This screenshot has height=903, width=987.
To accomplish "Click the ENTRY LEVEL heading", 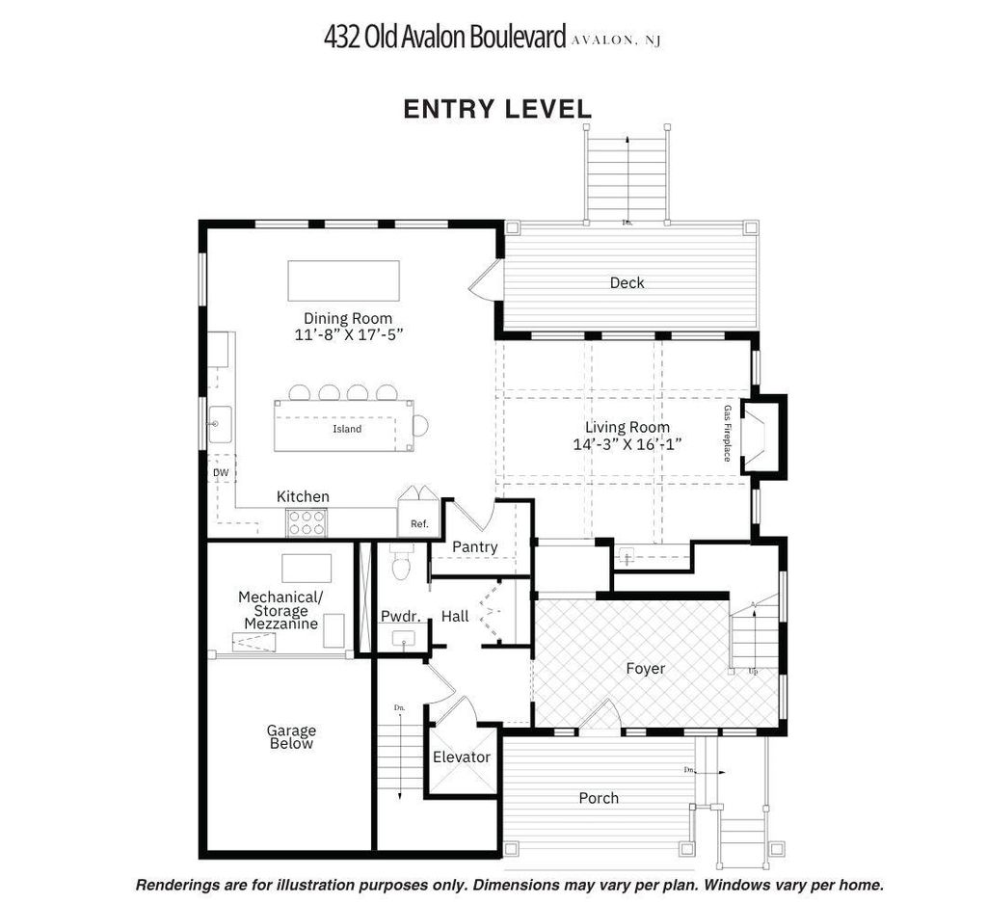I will click(x=497, y=109).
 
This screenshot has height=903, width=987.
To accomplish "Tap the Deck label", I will click(x=627, y=282).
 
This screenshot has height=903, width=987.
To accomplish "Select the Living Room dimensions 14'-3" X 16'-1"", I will click(x=627, y=444).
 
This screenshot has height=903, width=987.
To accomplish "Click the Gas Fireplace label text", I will click(x=728, y=433).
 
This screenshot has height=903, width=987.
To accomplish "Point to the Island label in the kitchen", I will click(x=347, y=429).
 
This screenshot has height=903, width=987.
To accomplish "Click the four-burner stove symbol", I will click(x=307, y=522).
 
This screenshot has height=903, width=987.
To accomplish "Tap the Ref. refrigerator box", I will click(x=419, y=524).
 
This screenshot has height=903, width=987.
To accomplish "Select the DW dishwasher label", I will click(x=221, y=473).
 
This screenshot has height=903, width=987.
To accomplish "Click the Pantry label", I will click(x=475, y=547).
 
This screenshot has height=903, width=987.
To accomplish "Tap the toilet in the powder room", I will click(x=401, y=565).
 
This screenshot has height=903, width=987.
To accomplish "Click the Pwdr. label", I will click(x=397, y=615).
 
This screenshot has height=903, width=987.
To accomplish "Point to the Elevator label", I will click(x=462, y=757).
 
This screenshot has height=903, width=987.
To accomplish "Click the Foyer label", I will click(x=645, y=668).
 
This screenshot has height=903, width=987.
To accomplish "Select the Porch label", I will click(x=599, y=798).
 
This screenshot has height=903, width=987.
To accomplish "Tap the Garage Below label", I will click(x=291, y=737).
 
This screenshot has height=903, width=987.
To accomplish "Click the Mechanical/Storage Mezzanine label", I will click(x=280, y=610).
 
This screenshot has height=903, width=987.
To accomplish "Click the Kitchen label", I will click(x=303, y=496).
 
